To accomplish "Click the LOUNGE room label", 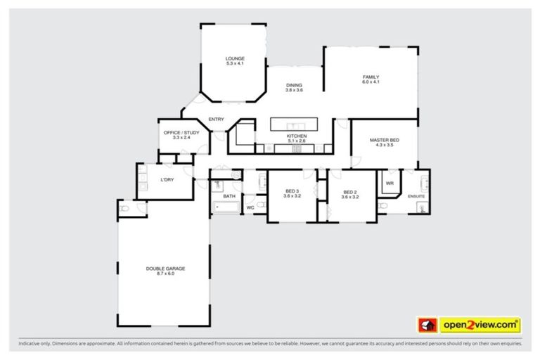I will pos(234,58).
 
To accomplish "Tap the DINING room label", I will pos(294,85).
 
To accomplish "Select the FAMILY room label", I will pos(371,77).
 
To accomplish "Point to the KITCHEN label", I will pos(296,136).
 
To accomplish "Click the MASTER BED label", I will pos(385,140).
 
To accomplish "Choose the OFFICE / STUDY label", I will pos(181,132).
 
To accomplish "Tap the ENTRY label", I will pos(216,119).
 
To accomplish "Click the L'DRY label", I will pos(167,179).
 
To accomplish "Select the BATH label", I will pos(229,196).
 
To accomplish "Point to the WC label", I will pos(250,207).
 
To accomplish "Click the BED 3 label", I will pos(292,191).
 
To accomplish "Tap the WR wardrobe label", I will pos(389,184).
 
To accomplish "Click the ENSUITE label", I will pos(416,196).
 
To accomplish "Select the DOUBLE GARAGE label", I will pos(165,269).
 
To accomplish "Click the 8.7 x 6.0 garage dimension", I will pos(165,274).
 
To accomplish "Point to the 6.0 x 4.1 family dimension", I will pos(371,82).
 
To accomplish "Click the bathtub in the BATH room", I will pos(226,207).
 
